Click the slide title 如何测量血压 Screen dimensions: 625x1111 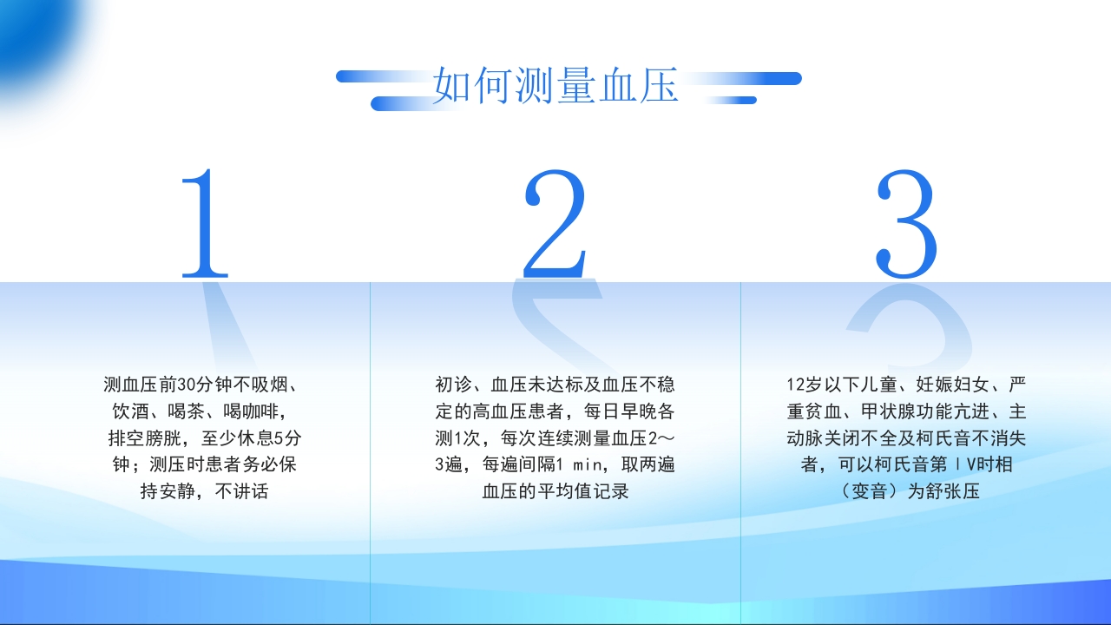coord(555,86)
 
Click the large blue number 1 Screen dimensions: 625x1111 coord(205,223)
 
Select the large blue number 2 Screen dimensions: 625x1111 coord(555,223)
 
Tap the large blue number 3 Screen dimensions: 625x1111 coord(906,223)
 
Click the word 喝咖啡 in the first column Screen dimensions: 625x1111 coord(252,411)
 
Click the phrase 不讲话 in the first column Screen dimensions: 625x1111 coord(242,491)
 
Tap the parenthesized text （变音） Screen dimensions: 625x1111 coord(856,491)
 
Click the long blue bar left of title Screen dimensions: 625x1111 coord(382,77)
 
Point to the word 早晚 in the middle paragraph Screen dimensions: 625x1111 coord(636,411)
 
